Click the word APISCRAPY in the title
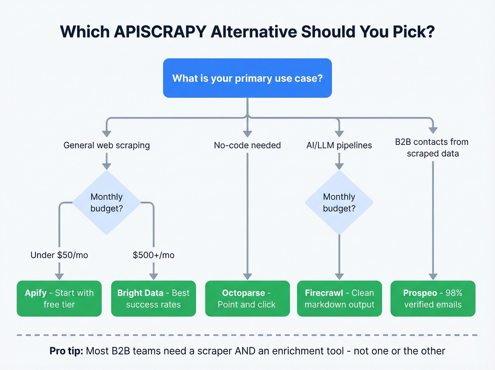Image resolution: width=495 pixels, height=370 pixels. pyautogui.click(x=160, y=32)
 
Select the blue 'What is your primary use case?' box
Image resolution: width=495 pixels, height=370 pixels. pyautogui.click(x=248, y=78)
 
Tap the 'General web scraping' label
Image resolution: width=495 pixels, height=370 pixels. pyautogui.click(x=106, y=145)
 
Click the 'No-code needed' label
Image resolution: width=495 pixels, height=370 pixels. pyautogui.click(x=248, y=145)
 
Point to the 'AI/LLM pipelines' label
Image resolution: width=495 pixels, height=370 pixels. pyautogui.click(x=339, y=145)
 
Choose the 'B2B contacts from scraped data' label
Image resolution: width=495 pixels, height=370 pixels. pyautogui.click(x=432, y=148)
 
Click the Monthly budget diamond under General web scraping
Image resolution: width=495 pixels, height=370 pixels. pyautogui.click(x=106, y=203)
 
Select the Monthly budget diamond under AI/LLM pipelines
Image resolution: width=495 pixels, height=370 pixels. pyautogui.click(x=339, y=203)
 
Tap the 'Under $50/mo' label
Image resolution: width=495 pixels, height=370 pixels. pyautogui.click(x=59, y=255)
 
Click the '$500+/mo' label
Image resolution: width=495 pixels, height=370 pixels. pyautogui.click(x=153, y=255)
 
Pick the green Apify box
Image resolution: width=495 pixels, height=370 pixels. pyautogui.click(x=59, y=298)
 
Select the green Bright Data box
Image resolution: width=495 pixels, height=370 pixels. pyautogui.click(x=153, y=298)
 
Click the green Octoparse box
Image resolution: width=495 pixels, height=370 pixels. pyautogui.click(x=248, y=298)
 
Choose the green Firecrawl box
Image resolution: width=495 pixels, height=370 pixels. pyautogui.click(x=339, y=298)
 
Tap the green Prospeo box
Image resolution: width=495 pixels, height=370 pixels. pyautogui.click(x=433, y=298)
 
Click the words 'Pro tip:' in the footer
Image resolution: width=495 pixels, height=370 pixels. pyautogui.click(x=66, y=351)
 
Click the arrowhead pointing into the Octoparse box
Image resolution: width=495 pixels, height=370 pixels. pyautogui.click(x=248, y=277)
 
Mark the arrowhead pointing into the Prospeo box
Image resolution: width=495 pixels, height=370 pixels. pyautogui.click(x=433, y=277)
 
